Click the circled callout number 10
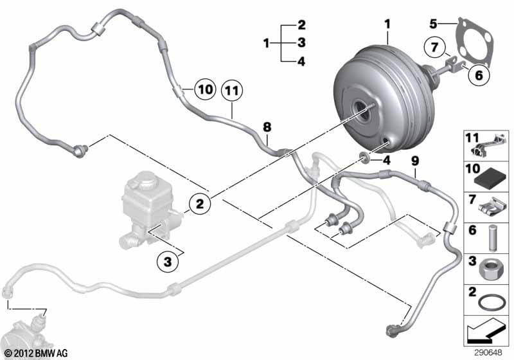pyautogui.click(x=205, y=89)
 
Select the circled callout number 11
pyautogui.click(x=232, y=91)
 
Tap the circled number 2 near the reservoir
pyautogui.click(x=200, y=204)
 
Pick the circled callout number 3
pyautogui.click(x=168, y=262)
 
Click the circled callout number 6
pyautogui.click(x=479, y=75)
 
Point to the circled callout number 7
pyautogui.click(x=435, y=47)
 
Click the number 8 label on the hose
pyautogui.click(x=267, y=127)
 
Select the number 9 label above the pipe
pyautogui.click(x=415, y=161)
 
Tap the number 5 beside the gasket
pyautogui.click(x=433, y=24)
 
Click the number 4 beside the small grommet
pyautogui.click(x=387, y=160)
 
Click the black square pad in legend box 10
pyautogui.click(x=491, y=179)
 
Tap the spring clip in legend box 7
pyautogui.click(x=490, y=208)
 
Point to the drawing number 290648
pyautogui.click(x=488, y=352)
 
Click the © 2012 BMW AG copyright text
pyautogui.click(x=37, y=353)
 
